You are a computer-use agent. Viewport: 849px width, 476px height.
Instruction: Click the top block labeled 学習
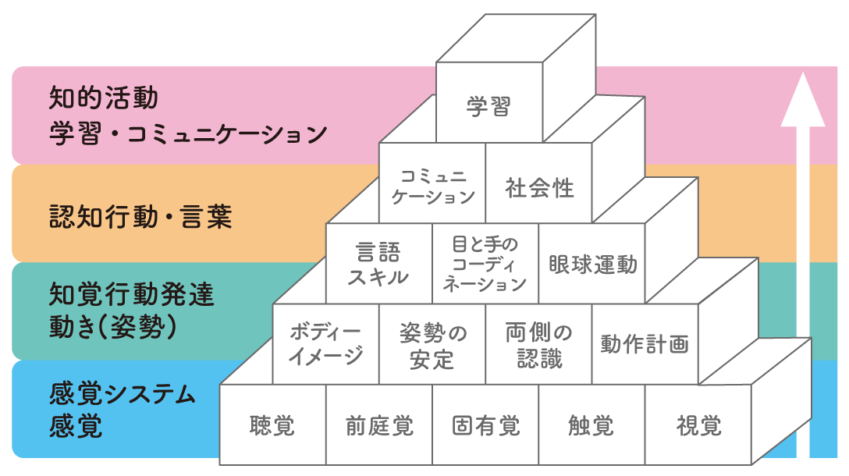pyautogui.click(x=488, y=106)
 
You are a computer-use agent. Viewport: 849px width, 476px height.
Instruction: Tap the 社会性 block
pyautogui.click(x=539, y=187)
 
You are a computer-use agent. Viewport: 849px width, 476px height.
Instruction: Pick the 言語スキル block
pyautogui.click(x=378, y=264)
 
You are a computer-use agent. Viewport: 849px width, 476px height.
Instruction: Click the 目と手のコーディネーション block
pyautogui.click(x=485, y=264)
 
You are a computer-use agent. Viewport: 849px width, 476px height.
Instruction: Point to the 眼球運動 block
pyautogui.click(x=592, y=264)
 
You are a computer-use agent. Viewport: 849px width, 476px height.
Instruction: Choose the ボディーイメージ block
pyautogui.click(x=326, y=344)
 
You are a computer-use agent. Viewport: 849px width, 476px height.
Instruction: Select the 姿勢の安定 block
pyautogui.click(x=432, y=345)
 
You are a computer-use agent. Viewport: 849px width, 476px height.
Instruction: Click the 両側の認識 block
pyautogui.click(x=539, y=344)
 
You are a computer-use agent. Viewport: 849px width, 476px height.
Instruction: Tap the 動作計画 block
pyautogui.click(x=645, y=344)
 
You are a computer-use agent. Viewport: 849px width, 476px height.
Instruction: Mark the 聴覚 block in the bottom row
pyautogui.click(x=272, y=426)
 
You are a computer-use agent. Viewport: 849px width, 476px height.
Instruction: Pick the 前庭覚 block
pyautogui.click(x=379, y=426)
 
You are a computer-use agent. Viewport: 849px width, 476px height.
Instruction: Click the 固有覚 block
pyautogui.click(x=485, y=426)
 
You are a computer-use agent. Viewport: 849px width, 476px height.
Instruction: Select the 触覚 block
pyautogui.click(x=591, y=426)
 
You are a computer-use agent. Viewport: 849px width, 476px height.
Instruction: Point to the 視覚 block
pyautogui.click(x=698, y=426)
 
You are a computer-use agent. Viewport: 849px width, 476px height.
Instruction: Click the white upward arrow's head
pyautogui.click(x=803, y=101)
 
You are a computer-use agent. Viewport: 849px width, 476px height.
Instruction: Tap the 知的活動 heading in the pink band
pyautogui.click(x=103, y=98)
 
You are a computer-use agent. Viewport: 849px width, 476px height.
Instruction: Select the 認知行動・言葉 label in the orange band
pyautogui.click(x=140, y=216)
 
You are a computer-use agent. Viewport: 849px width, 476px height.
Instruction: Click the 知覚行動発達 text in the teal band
pyautogui.click(x=131, y=296)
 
